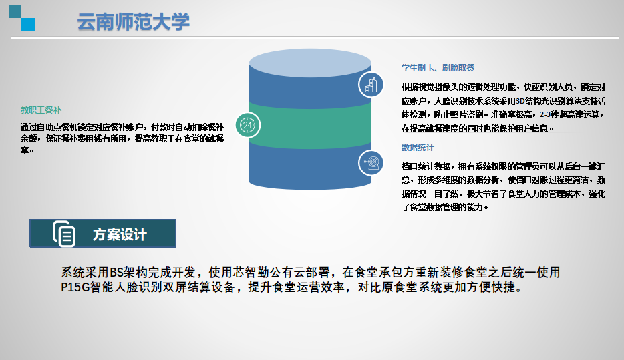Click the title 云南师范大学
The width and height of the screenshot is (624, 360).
pos(134,21)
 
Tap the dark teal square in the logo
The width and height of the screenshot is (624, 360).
pos(15,11)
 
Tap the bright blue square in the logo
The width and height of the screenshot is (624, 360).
pos(28,24)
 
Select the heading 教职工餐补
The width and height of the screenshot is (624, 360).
pos(41,110)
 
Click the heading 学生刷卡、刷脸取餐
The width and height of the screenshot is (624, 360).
pos(438,68)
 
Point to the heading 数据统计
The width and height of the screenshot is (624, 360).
pos(418,148)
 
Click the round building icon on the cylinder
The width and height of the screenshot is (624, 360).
pos(371,85)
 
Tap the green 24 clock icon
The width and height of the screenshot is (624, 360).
pos(248,125)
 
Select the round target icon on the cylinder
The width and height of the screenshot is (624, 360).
pos(371,163)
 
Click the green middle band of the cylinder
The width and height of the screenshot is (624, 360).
pos(311,126)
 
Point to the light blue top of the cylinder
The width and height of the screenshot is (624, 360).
pos(311,63)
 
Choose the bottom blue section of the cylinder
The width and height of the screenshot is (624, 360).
pos(311,167)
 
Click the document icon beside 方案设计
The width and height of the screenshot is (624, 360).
pos(64,234)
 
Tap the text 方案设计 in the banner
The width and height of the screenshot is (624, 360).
pos(120,234)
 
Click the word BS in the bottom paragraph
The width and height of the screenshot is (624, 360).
pos(116,273)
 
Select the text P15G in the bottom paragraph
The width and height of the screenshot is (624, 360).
pos(75,287)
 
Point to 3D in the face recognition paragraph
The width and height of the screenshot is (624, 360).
pos(521,101)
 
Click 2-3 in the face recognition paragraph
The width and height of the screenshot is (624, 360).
pos(544,115)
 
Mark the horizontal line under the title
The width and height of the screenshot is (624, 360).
pos(315,38)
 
